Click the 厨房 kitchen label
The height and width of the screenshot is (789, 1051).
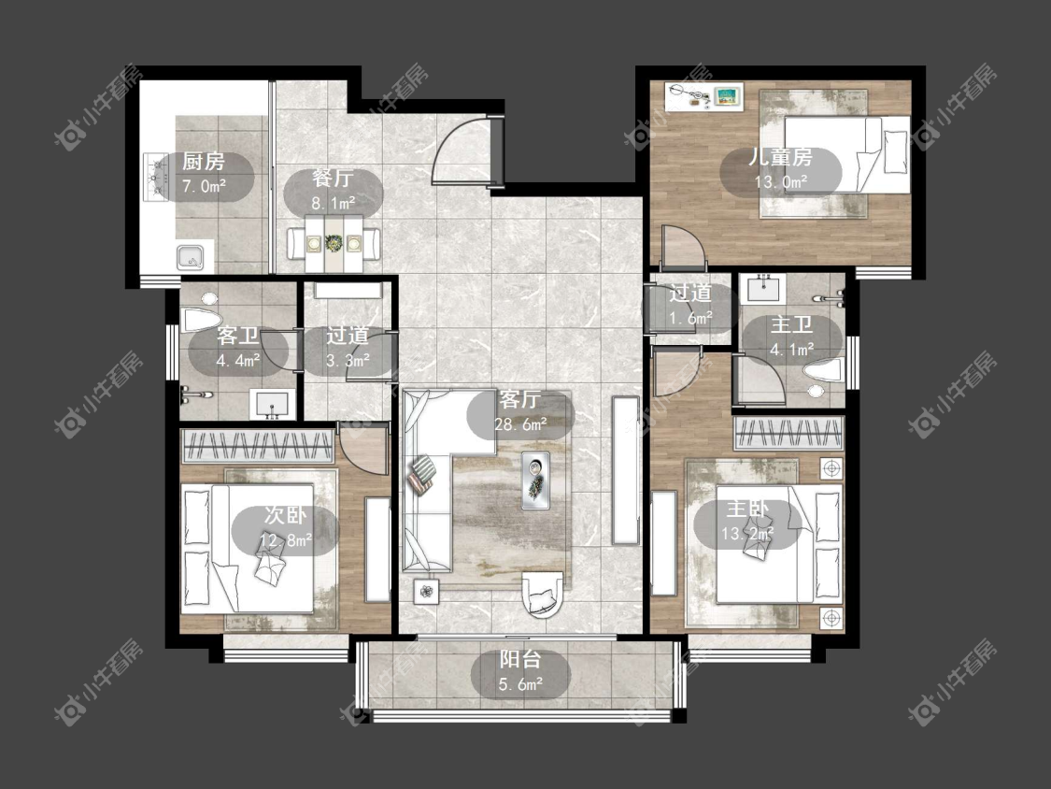tap(204, 161)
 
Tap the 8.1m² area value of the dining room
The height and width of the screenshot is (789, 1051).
tap(334, 202)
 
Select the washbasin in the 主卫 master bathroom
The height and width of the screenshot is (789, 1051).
tap(764, 289)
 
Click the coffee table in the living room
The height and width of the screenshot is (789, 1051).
tap(535, 481)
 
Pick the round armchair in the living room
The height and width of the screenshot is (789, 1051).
tap(543, 593)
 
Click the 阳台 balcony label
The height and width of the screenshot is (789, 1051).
tap(520, 659)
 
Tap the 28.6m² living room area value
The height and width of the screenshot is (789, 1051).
tap(520, 424)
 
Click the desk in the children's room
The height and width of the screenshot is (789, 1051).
tap(704, 96)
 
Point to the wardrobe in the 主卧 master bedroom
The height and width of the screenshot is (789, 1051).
tap(788, 433)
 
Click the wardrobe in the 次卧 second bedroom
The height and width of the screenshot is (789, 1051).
tap(258, 446)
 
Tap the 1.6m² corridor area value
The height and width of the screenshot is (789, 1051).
tap(690, 318)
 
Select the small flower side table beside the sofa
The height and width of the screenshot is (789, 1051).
tap(426, 591)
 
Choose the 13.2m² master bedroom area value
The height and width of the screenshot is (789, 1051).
tap(748, 534)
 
